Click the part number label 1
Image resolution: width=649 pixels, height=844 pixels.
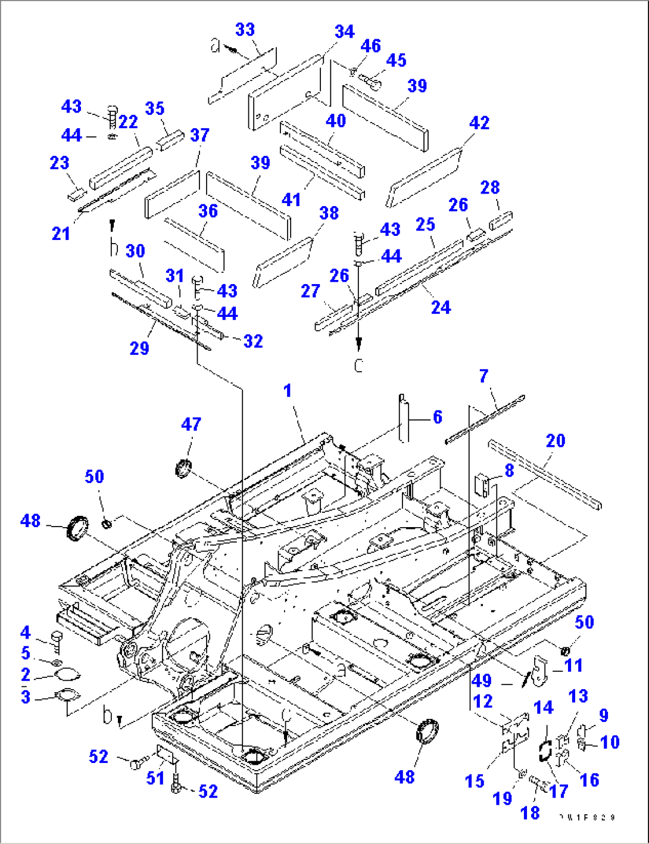288,391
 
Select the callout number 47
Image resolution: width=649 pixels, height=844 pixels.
191,424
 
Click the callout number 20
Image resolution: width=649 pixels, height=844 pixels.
555,441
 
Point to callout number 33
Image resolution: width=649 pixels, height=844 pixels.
245,30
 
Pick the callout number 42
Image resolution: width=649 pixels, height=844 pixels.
479,123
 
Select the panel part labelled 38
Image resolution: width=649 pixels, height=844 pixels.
283,262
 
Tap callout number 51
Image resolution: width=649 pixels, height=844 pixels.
155,777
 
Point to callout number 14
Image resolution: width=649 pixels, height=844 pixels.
543,708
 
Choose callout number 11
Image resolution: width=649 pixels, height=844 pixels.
573,665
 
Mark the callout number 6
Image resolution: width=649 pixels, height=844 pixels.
437,417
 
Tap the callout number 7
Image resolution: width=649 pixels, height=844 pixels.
483,376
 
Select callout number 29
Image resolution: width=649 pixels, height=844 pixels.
139,348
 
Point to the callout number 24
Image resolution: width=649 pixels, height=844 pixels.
441,307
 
